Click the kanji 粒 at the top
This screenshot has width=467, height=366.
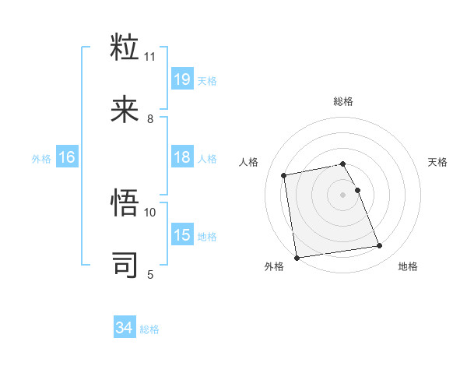pyautogui.click(x=125, y=47)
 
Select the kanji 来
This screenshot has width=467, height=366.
pyautogui.click(x=125, y=110)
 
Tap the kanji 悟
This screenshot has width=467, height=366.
pyautogui.click(x=125, y=202)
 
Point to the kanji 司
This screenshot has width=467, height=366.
pyautogui.click(x=125, y=265)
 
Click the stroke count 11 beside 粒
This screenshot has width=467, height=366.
pyautogui.click(x=150, y=57)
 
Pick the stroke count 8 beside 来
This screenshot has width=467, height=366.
pyautogui.click(x=150, y=119)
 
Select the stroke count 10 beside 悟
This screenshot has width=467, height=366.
pyautogui.click(x=150, y=212)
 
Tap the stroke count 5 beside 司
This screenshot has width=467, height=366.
pyautogui.click(x=150, y=274)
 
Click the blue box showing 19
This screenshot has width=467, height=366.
pyautogui.click(x=182, y=79)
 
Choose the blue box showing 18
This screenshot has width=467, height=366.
pyautogui.click(x=182, y=158)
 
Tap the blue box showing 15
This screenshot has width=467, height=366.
pyautogui.click(x=182, y=235)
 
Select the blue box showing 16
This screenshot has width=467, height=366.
pyautogui.click(x=67, y=158)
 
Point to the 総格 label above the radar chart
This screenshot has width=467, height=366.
pyautogui.click(x=343, y=101)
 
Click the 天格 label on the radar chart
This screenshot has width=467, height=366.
pyautogui.click(x=438, y=162)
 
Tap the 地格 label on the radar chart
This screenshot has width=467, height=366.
pyautogui.click(x=408, y=266)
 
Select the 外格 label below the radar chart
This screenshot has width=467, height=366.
pyautogui.click(x=274, y=266)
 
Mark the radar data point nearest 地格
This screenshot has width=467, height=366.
pyautogui.click(x=380, y=246)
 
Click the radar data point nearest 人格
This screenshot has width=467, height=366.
pyautogui.click(x=284, y=174)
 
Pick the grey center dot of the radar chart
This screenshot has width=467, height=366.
pyautogui.click(x=343, y=195)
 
